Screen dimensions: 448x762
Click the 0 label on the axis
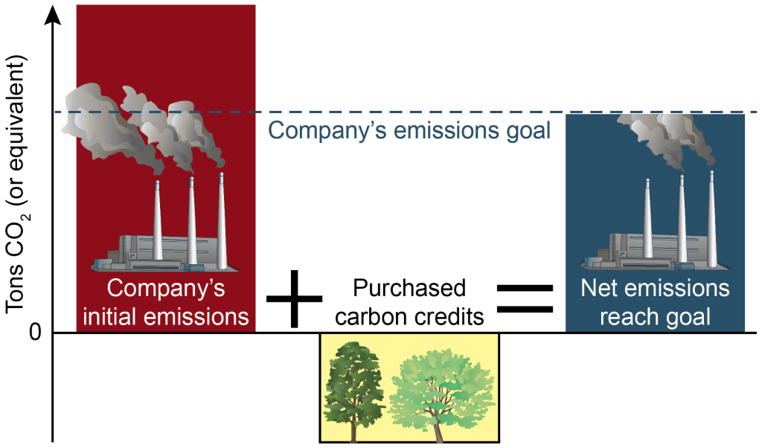(35, 332)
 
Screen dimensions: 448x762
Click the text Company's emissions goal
(409, 131)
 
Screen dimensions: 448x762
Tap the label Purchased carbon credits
(409, 302)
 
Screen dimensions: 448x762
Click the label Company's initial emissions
(165, 302)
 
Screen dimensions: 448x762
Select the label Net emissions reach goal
(655, 302)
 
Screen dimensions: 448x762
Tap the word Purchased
(409, 289)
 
